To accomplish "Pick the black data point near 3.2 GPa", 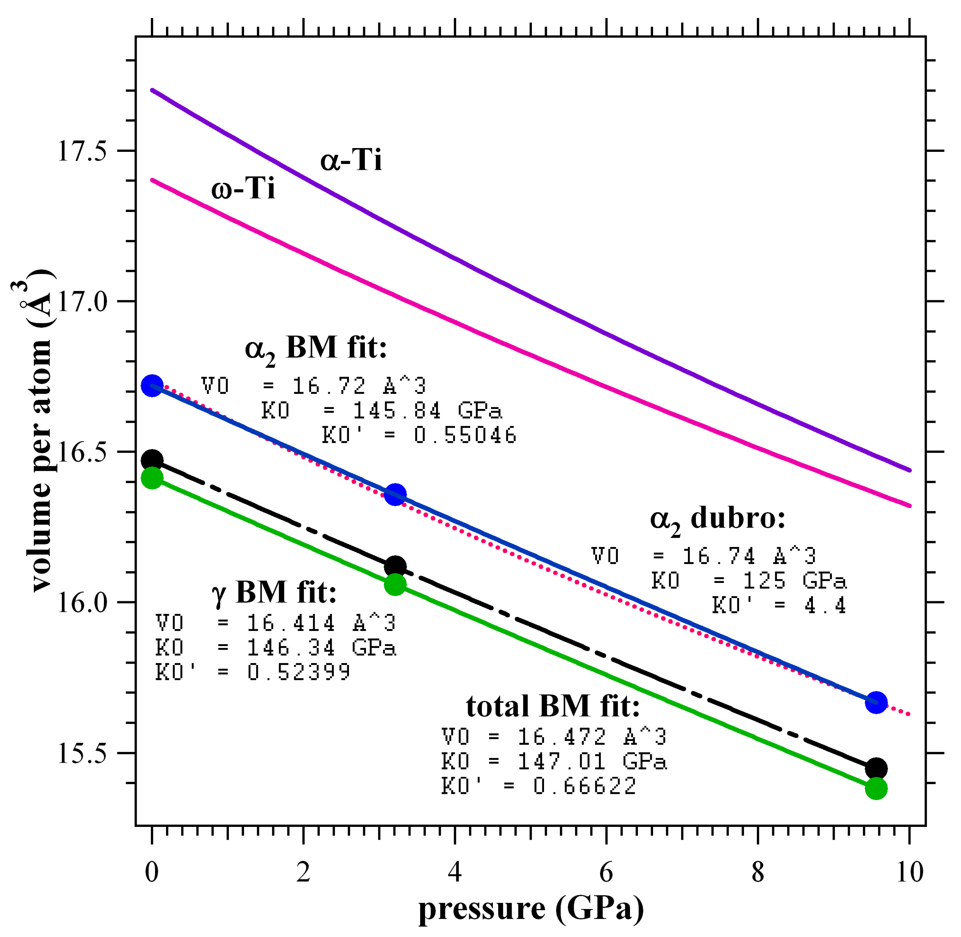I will tap(395, 567).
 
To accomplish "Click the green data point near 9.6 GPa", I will tap(876, 788).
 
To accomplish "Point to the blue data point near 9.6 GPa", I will tap(876, 702).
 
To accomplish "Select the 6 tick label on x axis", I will tap(606, 872).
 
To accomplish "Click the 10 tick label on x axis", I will tap(909, 872).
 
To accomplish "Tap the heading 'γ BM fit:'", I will tap(274, 592).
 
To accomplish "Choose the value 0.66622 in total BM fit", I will tap(584, 786).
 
